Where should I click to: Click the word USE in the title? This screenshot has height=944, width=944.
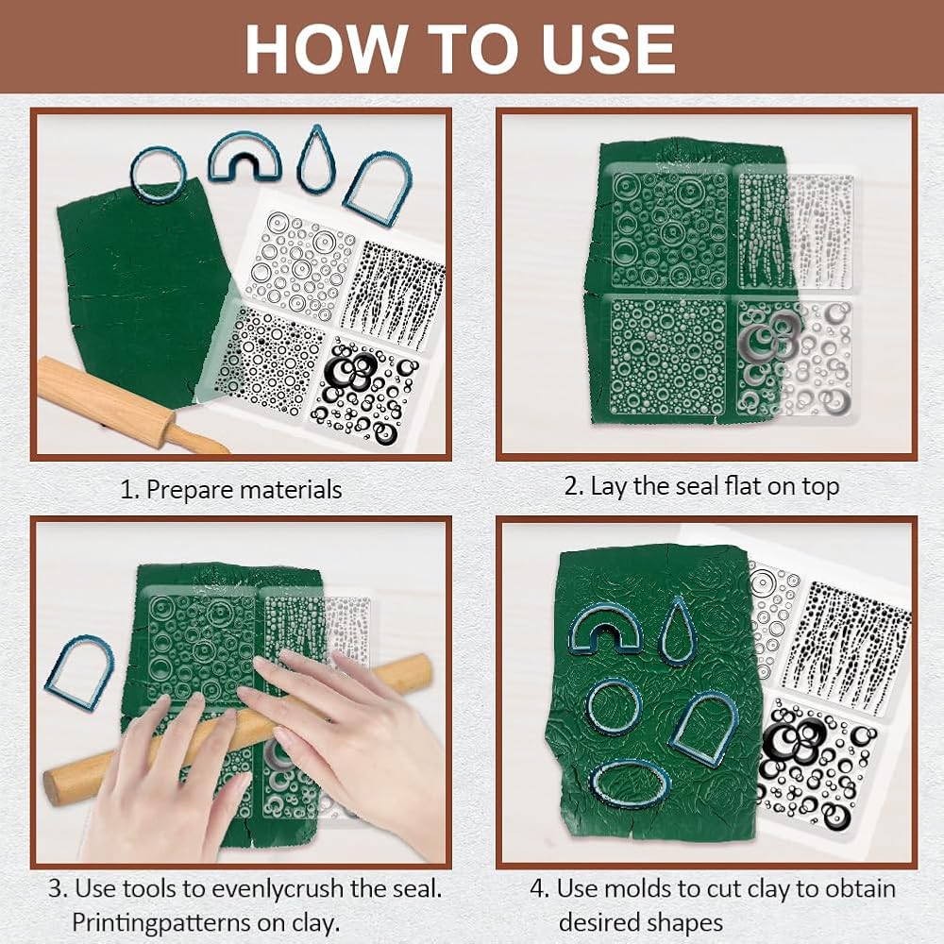(x=608, y=49)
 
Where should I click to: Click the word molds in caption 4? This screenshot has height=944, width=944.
(x=640, y=889)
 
